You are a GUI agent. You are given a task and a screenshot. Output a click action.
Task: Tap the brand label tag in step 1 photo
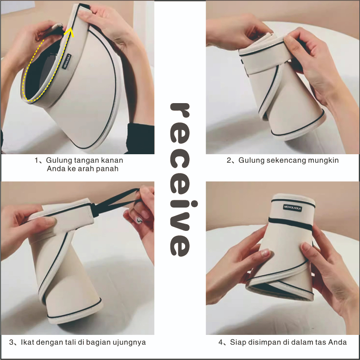pyautogui.click(x=67, y=61)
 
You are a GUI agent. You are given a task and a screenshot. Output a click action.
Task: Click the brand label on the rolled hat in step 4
pyautogui.click(x=292, y=208)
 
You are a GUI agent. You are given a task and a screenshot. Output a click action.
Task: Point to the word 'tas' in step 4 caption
pyautogui.click(x=321, y=343)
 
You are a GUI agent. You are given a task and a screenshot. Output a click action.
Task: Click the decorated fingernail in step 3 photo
pyautogui.click(x=139, y=220)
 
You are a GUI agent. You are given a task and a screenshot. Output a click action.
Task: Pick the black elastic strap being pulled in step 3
pyautogui.click(x=116, y=202)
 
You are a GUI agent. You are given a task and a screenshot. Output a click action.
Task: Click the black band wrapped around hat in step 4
pyautogui.click(x=290, y=223)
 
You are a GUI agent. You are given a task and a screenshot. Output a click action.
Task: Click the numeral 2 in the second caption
pyautogui.click(x=229, y=160)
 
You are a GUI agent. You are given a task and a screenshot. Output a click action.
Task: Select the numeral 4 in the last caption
pyautogui.click(x=221, y=343)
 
